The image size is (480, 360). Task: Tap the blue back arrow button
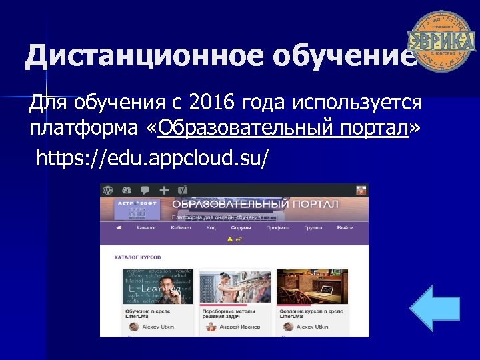pos(434,309)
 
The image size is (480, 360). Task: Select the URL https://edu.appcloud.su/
pos(153,158)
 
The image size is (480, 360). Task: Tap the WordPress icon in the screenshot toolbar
pos(107,190)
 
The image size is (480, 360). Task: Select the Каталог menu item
pos(146,227)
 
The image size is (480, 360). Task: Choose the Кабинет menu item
pos(181,227)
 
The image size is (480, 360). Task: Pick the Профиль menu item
pos(277,227)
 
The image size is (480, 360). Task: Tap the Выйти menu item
pos(345,227)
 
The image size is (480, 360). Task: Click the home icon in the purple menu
pos(119,227)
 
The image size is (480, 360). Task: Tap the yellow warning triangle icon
pos(229,238)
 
